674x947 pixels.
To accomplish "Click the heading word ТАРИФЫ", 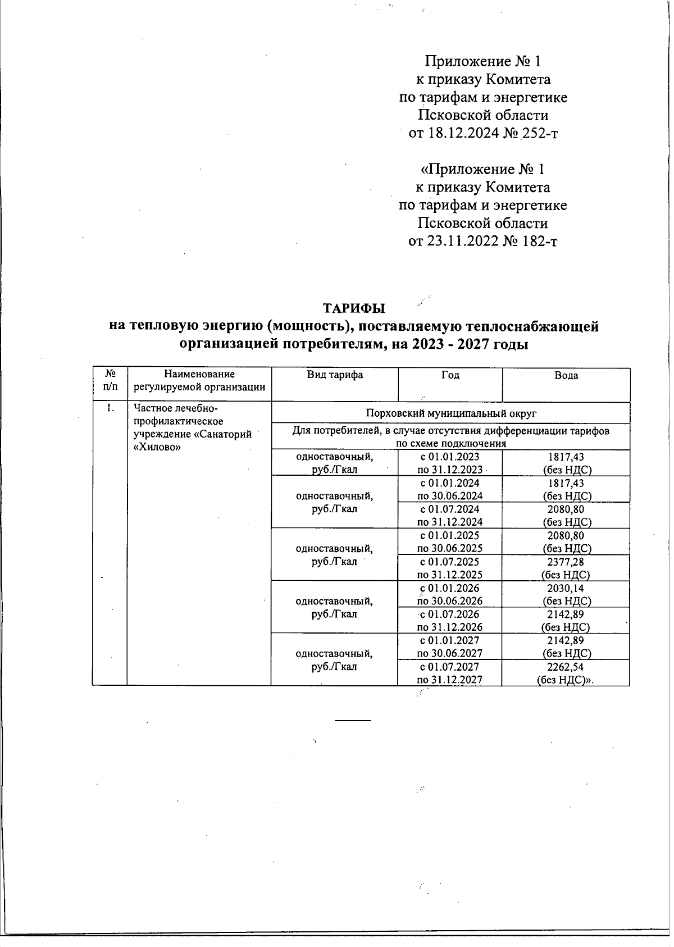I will pyautogui.click(x=354, y=308).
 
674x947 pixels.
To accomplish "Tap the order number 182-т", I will pyautogui.click(x=540, y=242).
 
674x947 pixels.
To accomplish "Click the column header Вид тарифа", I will pyautogui.click(x=334, y=375).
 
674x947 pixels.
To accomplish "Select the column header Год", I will pyautogui.click(x=450, y=375).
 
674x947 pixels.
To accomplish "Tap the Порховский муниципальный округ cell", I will pyautogui.click(x=450, y=413).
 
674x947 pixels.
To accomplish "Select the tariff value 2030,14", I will pyautogui.click(x=566, y=588).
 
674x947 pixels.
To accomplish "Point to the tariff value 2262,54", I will pyautogui.click(x=566, y=667).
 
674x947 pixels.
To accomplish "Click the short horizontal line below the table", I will pyautogui.click(x=353, y=720).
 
